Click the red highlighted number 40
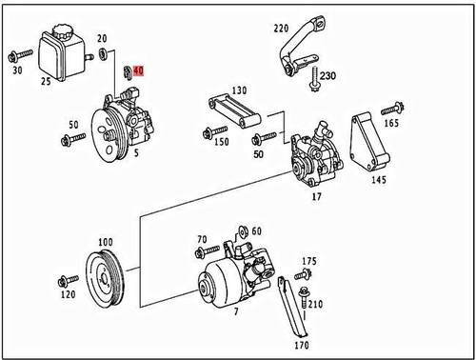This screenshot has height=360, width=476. pyautogui.click(x=138, y=71)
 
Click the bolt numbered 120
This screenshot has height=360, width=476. pyautogui.click(x=65, y=281)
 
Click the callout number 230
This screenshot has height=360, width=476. pyautogui.click(x=328, y=76)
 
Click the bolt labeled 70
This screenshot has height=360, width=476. pyautogui.click(x=202, y=252)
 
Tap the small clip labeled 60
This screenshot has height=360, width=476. pyautogui.click(x=244, y=232)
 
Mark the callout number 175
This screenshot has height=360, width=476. pyautogui.click(x=308, y=261)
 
